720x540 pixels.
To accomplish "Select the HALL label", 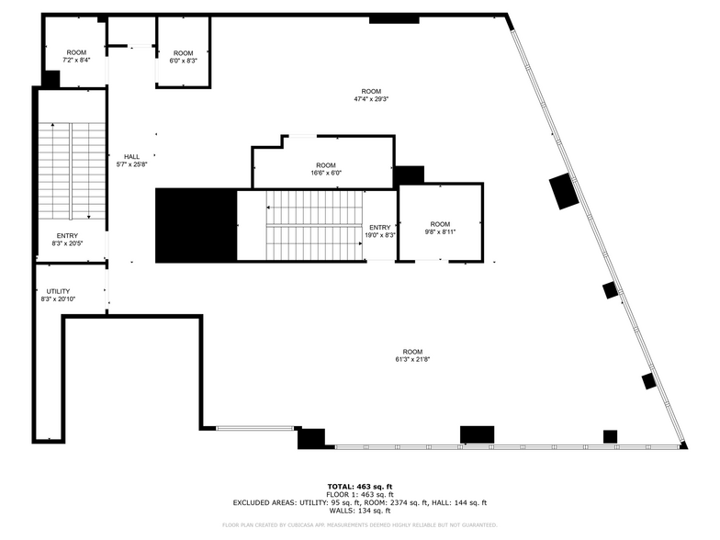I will tap(132, 161).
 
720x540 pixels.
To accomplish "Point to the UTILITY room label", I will tap(58, 296).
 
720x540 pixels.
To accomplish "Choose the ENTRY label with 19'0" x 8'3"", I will tap(381, 231).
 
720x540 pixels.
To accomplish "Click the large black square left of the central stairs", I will tap(196, 226).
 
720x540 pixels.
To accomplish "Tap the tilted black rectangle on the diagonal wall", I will tap(564, 191).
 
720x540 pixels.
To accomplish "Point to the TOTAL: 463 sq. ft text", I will tap(360, 486).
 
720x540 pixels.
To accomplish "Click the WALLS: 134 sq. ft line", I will tap(360, 511).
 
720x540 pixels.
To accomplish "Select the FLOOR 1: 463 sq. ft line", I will tap(360, 494).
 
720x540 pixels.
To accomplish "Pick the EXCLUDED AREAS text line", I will tap(360, 502).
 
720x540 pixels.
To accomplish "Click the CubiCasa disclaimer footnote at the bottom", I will tap(360, 525).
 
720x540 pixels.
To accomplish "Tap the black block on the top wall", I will tap(394, 19).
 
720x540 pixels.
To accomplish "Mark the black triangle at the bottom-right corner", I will tap(682, 446).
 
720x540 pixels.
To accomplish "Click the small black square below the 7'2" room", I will tap(51, 80).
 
